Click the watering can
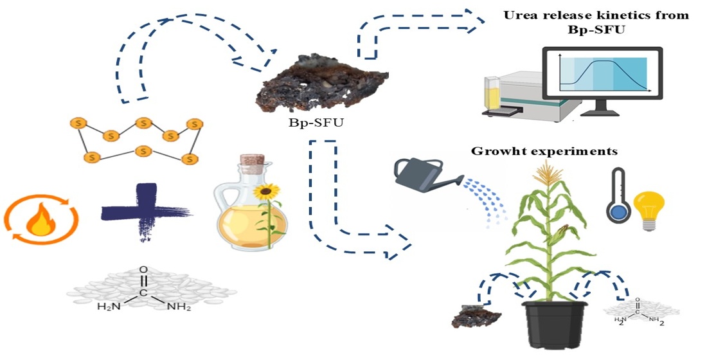420,174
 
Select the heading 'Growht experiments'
544,152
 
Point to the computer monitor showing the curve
602,77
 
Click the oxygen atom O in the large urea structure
143,269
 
